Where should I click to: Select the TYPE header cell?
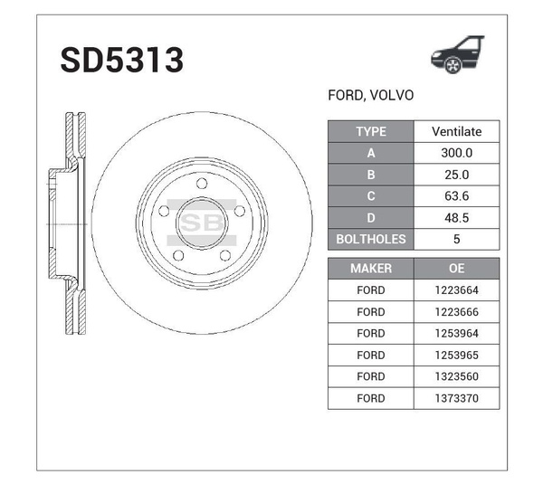tap(370, 132)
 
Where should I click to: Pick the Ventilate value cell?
tap(456, 132)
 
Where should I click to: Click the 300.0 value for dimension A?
tap(456, 154)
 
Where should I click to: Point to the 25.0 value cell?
tap(456, 175)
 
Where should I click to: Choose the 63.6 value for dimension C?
tap(456, 196)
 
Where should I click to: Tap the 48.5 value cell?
tap(456, 218)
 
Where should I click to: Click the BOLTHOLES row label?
tap(370, 240)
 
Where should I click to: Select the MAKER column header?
tap(370, 269)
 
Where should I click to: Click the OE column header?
tap(456, 269)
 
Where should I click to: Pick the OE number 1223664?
tap(456, 290)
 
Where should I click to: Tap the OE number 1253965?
tap(456, 355)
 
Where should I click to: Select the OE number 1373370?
tap(456, 398)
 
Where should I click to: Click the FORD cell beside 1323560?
tap(370, 376)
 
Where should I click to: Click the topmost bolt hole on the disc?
tap(202, 184)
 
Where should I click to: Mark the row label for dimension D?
tap(370, 218)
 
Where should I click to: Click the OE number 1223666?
tap(456, 312)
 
